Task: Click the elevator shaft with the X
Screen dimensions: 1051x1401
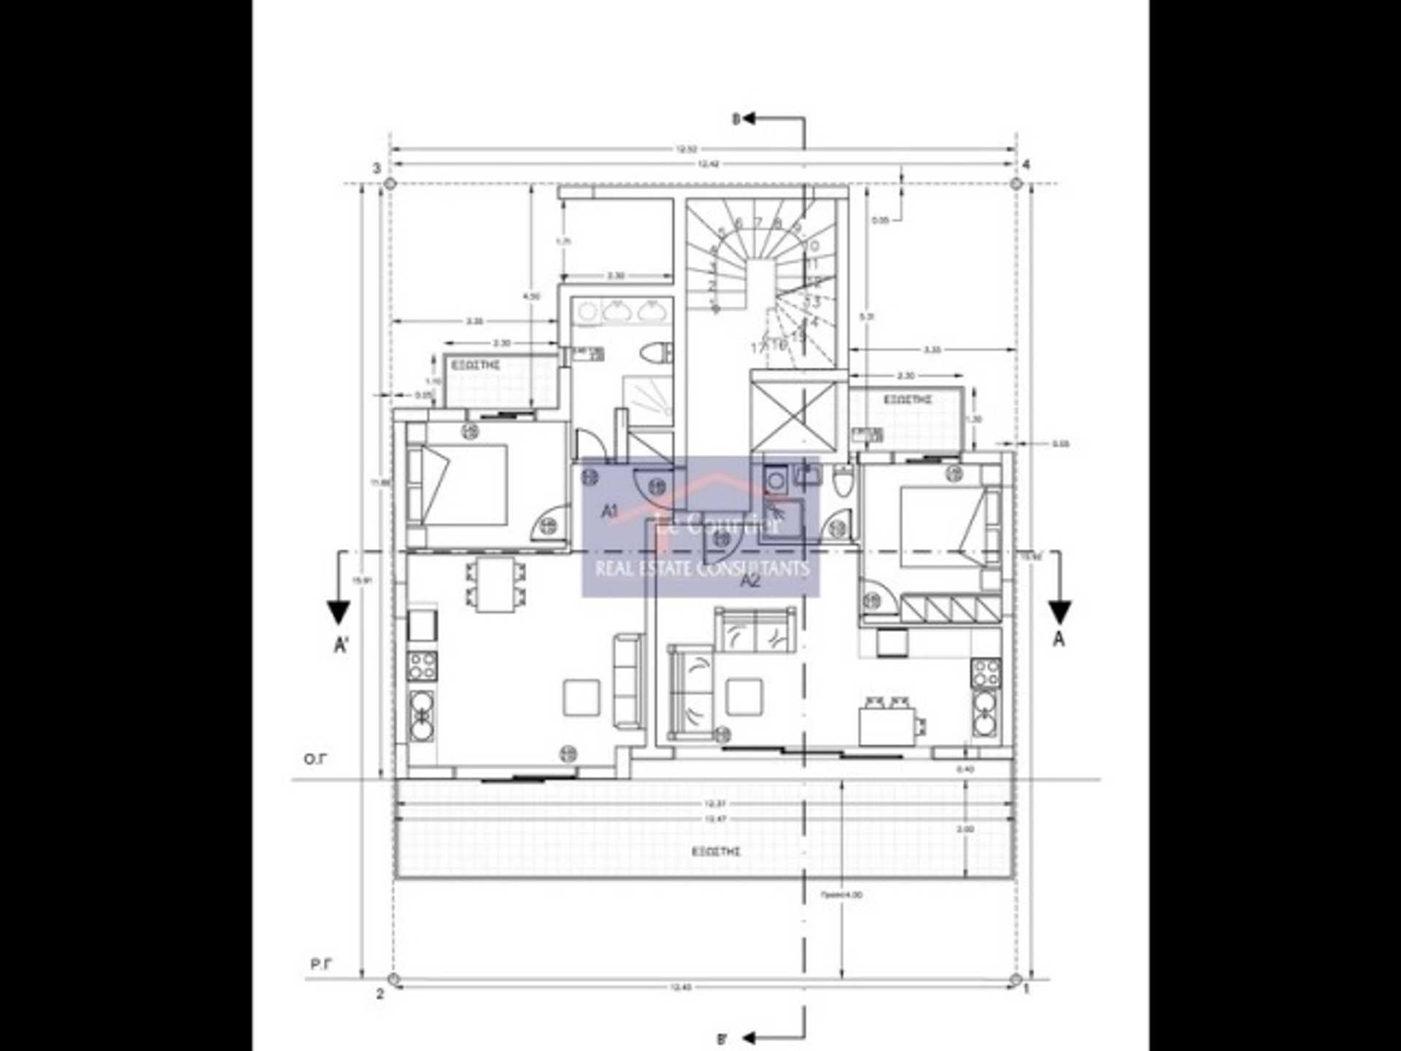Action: coord(793,413)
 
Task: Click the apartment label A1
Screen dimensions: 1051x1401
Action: coord(609,511)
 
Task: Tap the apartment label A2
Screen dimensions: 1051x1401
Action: coord(750,580)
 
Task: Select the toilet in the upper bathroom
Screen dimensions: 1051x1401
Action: coord(654,353)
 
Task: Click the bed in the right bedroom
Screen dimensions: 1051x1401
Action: coord(946,527)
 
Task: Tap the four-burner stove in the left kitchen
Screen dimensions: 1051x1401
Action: coord(422,666)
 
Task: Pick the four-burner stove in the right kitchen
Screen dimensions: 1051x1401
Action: coord(985,673)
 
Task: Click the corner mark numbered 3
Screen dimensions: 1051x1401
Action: coord(377,169)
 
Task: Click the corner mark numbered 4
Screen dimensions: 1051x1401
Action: coord(1026,165)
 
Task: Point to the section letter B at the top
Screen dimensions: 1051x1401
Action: coord(736,118)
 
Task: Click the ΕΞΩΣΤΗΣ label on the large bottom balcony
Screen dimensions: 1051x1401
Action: coord(717,852)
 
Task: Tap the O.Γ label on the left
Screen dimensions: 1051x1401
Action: coord(315,759)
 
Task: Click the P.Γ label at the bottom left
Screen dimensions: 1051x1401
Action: coord(321,965)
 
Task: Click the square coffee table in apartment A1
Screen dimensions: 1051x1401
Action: coord(582,697)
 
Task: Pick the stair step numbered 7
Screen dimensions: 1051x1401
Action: coord(758,222)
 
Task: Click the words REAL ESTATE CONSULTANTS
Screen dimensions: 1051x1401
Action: coord(702,569)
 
